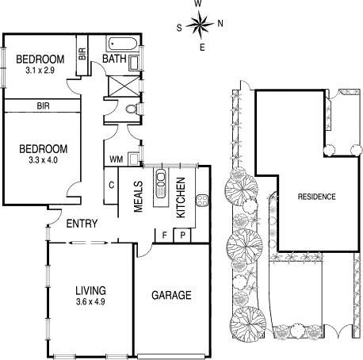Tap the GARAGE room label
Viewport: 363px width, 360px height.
pyautogui.click(x=171, y=296)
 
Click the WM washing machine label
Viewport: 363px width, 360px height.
pyautogui.click(x=116, y=159)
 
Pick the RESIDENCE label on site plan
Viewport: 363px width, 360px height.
pyautogui.click(x=316, y=197)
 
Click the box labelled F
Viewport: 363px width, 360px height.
pyautogui.click(x=164, y=235)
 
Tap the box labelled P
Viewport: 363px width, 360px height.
pyautogui.click(x=182, y=235)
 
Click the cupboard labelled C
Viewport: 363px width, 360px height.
pyautogui.click(x=112, y=185)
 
